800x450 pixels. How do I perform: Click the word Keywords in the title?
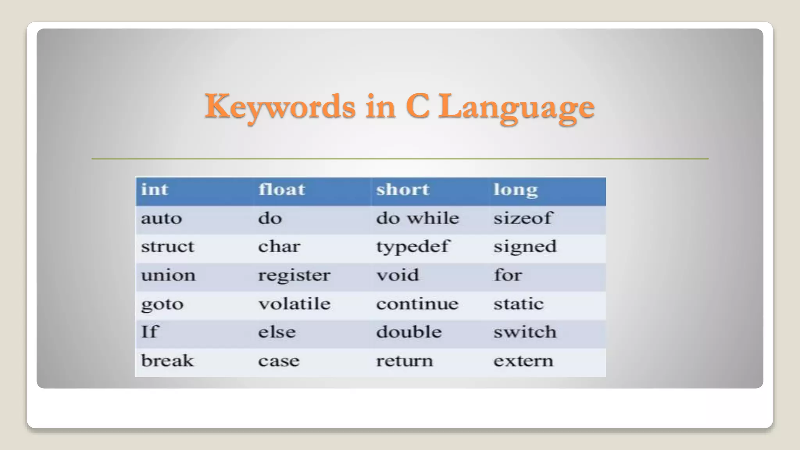point(280,107)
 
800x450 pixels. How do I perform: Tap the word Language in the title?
point(516,107)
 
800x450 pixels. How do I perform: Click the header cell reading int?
point(155,190)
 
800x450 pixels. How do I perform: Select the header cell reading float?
point(281,190)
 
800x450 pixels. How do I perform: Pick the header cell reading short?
point(402,190)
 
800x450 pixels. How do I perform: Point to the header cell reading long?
point(516,190)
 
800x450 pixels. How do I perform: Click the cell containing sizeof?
point(523,218)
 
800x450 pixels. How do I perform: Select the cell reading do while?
point(417,218)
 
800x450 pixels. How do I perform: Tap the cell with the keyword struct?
point(167,246)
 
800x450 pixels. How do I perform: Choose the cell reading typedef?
point(412,247)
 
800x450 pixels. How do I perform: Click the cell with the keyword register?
point(294,275)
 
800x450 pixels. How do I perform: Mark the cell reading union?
point(168,275)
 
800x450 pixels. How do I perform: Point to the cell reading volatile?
point(294,304)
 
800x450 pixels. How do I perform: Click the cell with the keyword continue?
point(417,304)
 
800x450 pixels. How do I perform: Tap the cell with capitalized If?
point(149,332)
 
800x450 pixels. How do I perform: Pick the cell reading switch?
point(525,332)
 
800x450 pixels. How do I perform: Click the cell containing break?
point(167,361)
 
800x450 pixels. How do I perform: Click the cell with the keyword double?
point(409,332)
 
